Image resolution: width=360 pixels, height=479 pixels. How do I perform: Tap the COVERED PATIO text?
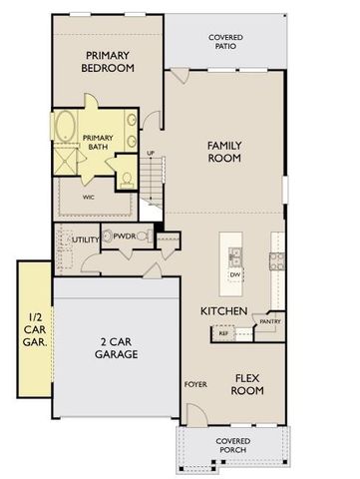pyautogui.click(x=224, y=41)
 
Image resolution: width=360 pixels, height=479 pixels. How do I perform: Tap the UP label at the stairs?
pyautogui.click(x=151, y=153)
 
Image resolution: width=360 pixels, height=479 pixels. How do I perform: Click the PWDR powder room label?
pyautogui.click(x=125, y=237)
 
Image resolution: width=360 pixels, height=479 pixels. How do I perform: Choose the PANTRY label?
pyautogui.click(x=269, y=321)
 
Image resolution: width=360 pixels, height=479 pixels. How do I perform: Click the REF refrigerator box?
pyautogui.click(x=224, y=333)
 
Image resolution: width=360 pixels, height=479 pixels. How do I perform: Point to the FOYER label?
pyautogui.click(x=193, y=383)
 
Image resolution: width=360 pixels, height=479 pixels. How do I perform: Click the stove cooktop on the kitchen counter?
pyautogui.click(x=277, y=263)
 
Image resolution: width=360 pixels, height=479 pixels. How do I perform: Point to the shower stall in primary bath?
pyautogui.click(x=65, y=160)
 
